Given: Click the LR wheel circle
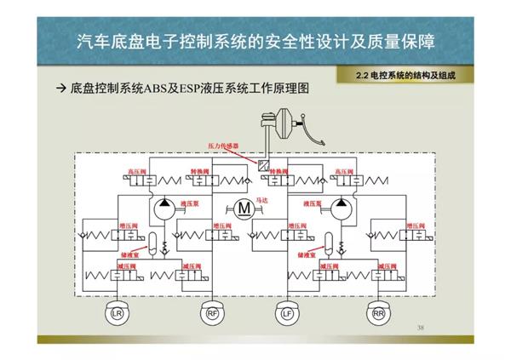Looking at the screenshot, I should click(x=116, y=313).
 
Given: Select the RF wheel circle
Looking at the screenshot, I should click(x=212, y=313).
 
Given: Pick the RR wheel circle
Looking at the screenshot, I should click(x=379, y=313).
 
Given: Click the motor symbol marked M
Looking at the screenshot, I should click(x=244, y=207).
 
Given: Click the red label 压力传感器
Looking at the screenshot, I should click(x=225, y=146).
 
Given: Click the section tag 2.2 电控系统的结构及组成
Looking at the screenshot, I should click(x=407, y=76).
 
